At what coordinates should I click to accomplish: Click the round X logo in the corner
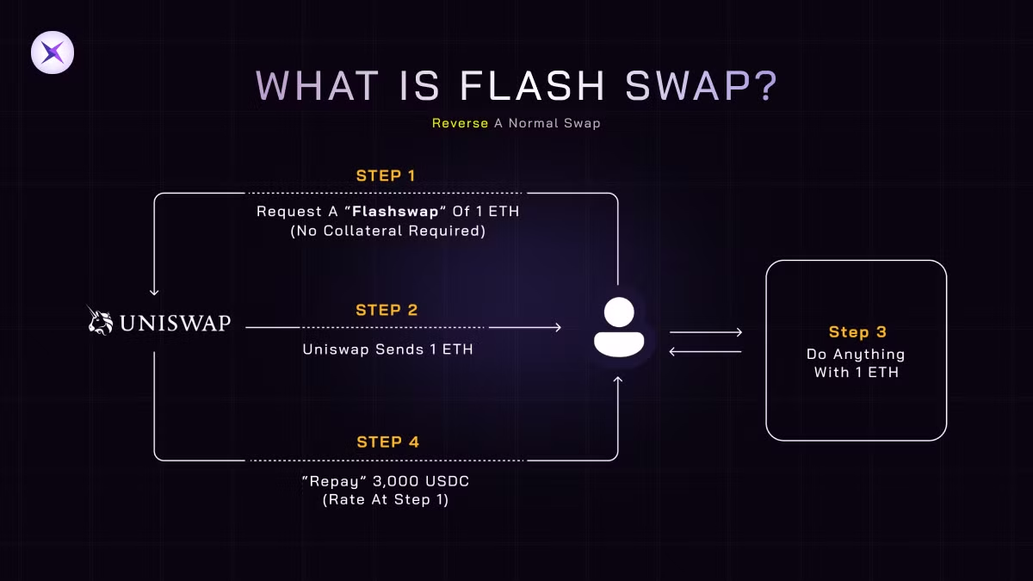pyautogui.click(x=53, y=53)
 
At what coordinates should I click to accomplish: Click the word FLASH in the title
pyautogui.click(x=532, y=86)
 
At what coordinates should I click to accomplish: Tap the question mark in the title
pyautogui.click(x=766, y=86)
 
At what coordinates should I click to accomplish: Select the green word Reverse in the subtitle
pyautogui.click(x=460, y=123)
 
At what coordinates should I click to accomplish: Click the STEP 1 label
pyautogui.click(x=386, y=176)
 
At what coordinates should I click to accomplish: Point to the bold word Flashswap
pyautogui.click(x=395, y=211)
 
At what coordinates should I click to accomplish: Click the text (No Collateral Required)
pyautogui.click(x=388, y=231)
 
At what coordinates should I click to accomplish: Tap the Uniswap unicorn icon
pyautogui.click(x=100, y=320)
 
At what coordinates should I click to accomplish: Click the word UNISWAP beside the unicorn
pyautogui.click(x=176, y=323)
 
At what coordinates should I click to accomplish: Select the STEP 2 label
pyautogui.click(x=387, y=310)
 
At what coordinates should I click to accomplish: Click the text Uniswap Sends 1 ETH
pyautogui.click(x=388, y=349)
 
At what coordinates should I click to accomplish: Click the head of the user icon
pyautogui.click(x=619, y=312)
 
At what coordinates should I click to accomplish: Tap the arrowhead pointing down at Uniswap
pyautogui.click(x=154, y=292)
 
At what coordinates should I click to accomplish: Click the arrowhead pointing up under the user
pyautogui.click(x=618, y=380)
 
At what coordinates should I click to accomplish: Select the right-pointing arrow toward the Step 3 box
pyautogui.click(x=706, y=332)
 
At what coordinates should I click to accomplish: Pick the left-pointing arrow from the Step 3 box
pyautogui.click(x=706, y=352)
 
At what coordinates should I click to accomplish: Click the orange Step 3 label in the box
pyautogui.click(x=857, y=332)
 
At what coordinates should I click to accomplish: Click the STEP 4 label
pyautogui.click(x=388, y=442)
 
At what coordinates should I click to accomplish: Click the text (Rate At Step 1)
pyautogui.click(x=386, y=499)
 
